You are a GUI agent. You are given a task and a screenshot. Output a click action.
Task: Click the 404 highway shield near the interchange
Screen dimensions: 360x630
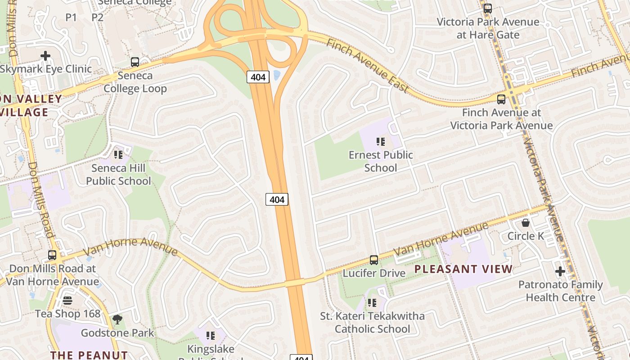coord(258,77)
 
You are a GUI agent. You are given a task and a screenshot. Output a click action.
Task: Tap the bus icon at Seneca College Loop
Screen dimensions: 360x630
coord(135,62)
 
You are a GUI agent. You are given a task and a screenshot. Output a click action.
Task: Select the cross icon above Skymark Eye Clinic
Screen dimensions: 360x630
coord(45,56)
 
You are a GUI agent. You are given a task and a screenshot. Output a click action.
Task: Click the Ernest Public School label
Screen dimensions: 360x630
coord(381,161)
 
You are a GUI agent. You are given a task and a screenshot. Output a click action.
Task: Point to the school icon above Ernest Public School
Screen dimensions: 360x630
coord(381,142)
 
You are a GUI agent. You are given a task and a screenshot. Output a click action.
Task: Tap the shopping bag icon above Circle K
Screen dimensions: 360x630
coord(525,223)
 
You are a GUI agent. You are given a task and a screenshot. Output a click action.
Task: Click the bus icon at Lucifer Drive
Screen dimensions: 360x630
coord(373,260)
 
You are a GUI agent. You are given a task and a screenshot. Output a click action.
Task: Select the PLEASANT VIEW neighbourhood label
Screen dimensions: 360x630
coord(463,269)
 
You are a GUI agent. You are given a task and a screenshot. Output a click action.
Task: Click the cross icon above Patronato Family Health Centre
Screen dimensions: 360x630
coord(560,271)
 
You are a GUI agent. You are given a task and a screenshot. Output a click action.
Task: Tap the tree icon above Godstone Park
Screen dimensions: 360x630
coord(117,320)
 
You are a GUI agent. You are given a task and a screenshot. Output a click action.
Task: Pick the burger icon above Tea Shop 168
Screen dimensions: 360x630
coord(67,301)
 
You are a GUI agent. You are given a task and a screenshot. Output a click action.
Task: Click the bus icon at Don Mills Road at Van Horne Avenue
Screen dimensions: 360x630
coord(52,255)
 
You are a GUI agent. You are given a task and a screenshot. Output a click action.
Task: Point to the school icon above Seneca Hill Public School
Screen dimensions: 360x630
coord(118,155)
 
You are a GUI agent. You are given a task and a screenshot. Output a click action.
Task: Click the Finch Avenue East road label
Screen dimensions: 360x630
coord(367,66)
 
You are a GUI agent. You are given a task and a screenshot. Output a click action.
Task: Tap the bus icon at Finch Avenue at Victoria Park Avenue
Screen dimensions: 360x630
coord(501,99)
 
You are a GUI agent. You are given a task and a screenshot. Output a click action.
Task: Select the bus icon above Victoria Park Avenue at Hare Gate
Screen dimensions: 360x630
coord(487,8)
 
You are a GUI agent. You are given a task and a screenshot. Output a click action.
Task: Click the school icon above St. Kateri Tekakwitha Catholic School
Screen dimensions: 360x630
coord(372,303)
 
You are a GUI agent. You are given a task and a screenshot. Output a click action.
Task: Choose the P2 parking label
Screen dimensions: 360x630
coord(97,18)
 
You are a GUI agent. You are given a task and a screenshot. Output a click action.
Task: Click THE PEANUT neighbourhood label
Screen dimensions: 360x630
coord(89,355)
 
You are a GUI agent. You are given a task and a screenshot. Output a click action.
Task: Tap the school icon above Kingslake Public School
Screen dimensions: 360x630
coord(210,336)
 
